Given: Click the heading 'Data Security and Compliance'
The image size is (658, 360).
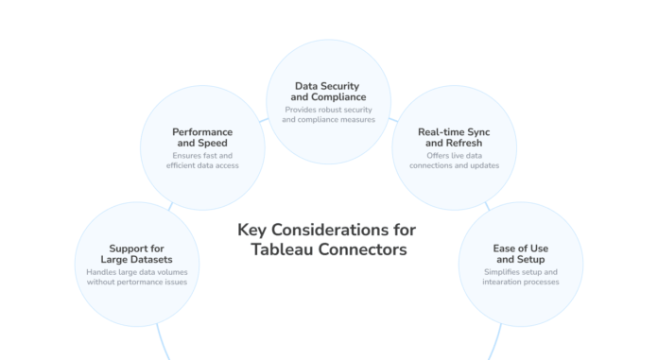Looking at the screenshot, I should point(328,91).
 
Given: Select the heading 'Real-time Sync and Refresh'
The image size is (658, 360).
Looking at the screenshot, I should point(453,138).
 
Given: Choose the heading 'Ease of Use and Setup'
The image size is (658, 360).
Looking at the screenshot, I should point(520,254).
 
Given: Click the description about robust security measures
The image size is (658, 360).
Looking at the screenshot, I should point(328,114).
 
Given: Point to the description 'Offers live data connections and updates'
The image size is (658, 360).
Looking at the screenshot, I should point(453,160).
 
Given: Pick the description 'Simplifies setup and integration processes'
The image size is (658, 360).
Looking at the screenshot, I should point(520,276).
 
